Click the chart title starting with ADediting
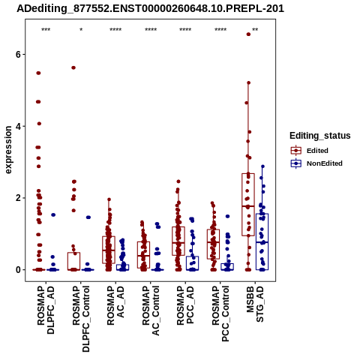[150, 8]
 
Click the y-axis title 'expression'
[8, 150]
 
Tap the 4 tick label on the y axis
[18, 126]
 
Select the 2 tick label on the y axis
[18, 198]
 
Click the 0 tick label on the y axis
[18, 270]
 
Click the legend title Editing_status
[320, 136]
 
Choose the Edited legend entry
[310, 151]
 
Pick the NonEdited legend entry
[316, 163]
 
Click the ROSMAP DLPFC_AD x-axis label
[46, 310]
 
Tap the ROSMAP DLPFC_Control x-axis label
[81, 319]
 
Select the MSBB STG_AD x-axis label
[255, 304]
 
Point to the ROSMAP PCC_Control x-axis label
[220, 313]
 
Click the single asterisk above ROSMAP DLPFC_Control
[81, 30]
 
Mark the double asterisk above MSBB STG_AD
[255, 30]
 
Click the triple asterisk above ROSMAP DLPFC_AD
[46, 30]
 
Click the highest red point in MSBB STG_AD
[248, 34]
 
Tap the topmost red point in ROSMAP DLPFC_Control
[73, 67]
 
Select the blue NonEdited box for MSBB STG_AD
[262, 241]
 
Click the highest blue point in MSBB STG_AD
[262, 166]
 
